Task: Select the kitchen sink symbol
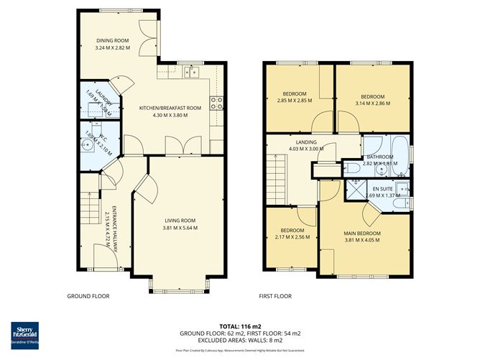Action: tap(190, 71)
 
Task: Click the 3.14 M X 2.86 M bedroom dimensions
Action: tap(372, 103)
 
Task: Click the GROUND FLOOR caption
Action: tap(87, 296)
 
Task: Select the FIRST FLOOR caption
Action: tap(275, 296)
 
